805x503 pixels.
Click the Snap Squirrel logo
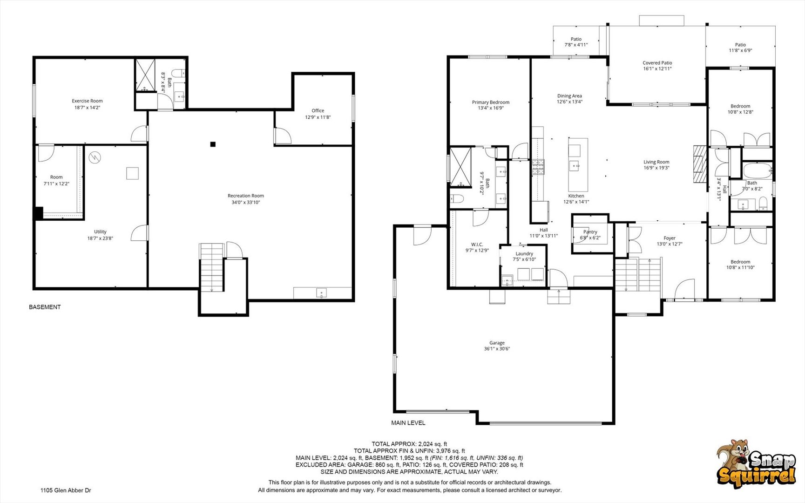(x=756, y=464)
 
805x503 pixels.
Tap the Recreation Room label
(x=246, y=196)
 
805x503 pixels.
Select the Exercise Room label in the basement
(x=87, y=101)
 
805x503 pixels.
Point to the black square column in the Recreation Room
(x=213, y=144)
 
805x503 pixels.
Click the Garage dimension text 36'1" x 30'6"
(x=497, y=349)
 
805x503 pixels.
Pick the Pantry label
(x=590, y=232)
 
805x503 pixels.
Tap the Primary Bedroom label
(x=491, y=102)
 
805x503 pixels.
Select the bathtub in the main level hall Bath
(x=758, y=171)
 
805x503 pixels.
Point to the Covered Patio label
(x=657, y=63)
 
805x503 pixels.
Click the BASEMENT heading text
(x=45, y=307)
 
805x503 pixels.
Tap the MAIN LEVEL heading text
(x=408, y=423)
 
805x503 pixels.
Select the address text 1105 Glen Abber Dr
(x=66, y=490)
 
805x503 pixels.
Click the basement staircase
(x=212, y=268)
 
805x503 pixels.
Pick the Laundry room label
(x=524, y=254)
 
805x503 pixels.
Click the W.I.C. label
(x=477, y=245)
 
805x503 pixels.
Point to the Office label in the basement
(x=318, y=111)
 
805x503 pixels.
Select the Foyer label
(x=670, y=238)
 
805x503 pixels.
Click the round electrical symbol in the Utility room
(x=95, y=157)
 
